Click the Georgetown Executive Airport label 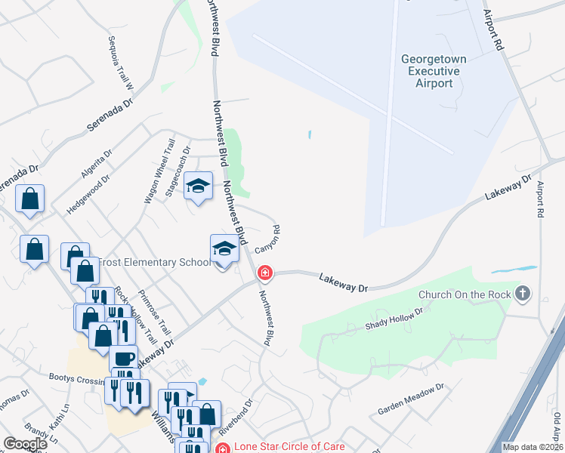click(x=434, y=71)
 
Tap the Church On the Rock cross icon click(x=522, y=294)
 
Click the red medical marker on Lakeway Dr click(x=264, y=272)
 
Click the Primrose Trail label click(x=154, y=314)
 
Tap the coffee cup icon click(x=123, y=359)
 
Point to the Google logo click(x=25, y=443)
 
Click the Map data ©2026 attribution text click(x=532, y=447)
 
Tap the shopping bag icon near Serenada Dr click(x=29, y=199)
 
